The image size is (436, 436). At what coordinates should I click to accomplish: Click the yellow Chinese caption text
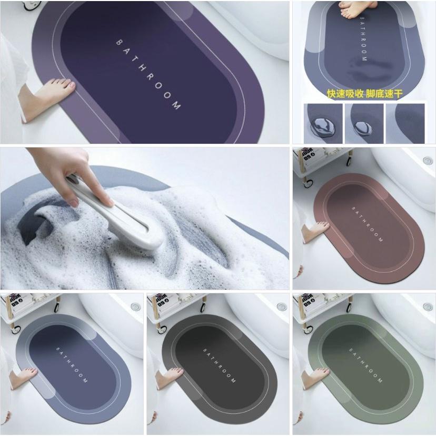pyautogui.click(x=364, y=94)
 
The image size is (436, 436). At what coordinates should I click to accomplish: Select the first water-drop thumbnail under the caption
pyautogui.click(x=322, y=123)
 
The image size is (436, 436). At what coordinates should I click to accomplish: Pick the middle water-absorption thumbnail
pyautogui.click(x=363, y=123)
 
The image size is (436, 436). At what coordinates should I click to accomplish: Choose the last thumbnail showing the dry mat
pyautogui.click(x=405, y=123)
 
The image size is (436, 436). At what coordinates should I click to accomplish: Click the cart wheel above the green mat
pyautogui.click(x=348, y=302)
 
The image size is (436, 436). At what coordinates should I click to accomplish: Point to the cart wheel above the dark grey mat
pyautogui.click(x=202, y=302)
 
